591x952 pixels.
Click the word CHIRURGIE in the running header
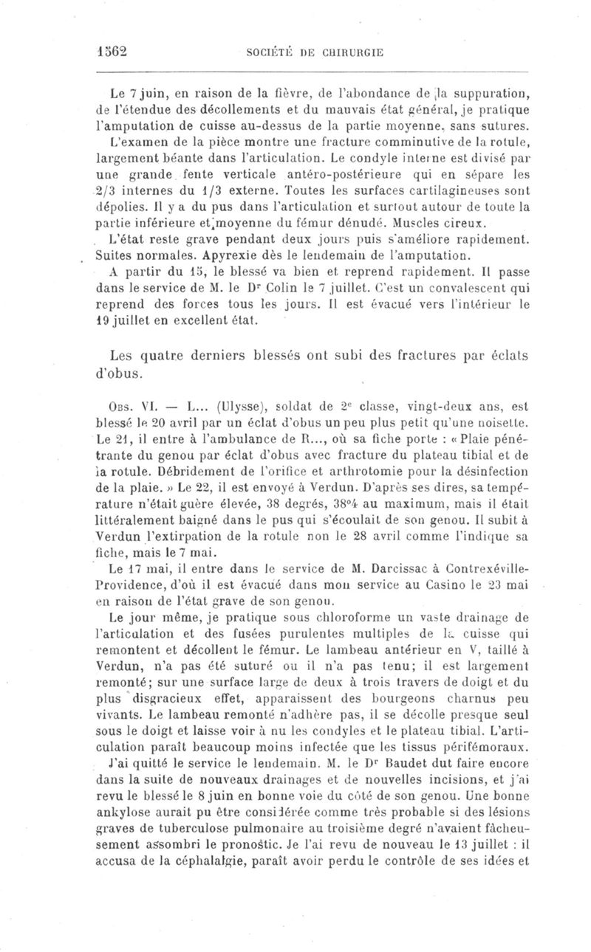352,53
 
